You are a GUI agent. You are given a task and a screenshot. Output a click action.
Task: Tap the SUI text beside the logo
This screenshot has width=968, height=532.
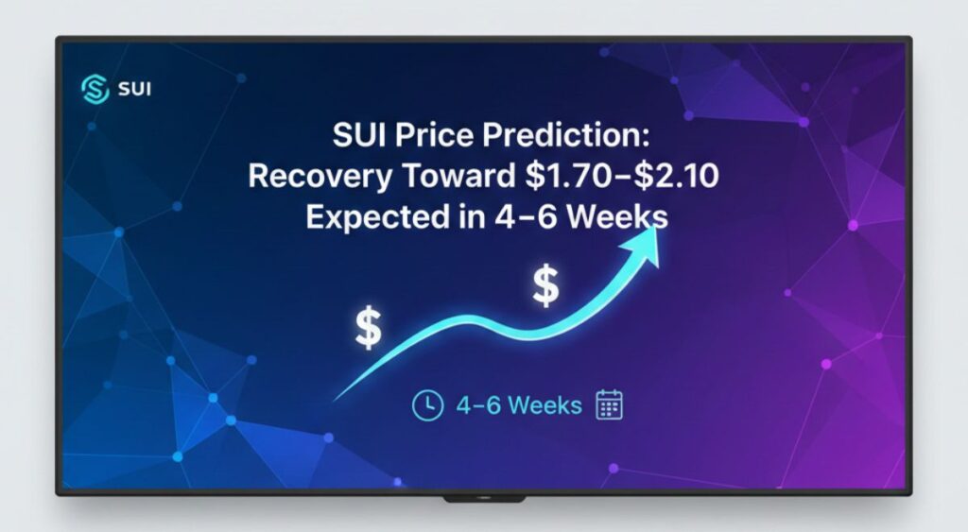(x=135, y=90)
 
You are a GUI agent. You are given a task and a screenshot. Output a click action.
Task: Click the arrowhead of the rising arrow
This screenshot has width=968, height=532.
(x=648, y=238)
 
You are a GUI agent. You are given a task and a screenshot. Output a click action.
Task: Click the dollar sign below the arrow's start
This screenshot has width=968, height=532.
(x=368, y=328)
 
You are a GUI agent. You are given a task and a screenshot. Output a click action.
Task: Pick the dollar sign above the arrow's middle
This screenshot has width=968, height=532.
(x=545, y=285)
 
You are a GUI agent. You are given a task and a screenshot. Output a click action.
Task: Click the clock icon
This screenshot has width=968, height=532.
(x=427, y=405)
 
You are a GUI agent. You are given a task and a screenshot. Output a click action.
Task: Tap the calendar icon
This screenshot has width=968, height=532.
(x=610, y=405)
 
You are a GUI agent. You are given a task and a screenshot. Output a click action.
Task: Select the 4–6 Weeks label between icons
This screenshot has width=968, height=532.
(x=518, y=405)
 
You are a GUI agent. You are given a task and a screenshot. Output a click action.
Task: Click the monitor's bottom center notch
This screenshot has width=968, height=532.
(x=484, y=497)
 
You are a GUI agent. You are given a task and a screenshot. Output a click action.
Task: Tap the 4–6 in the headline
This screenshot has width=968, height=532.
(x=501, y=216)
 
